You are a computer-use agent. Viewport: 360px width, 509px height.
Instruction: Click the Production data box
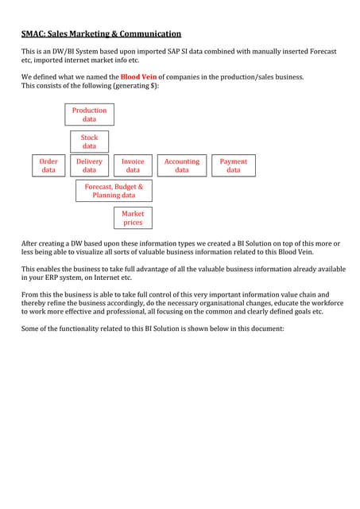89,115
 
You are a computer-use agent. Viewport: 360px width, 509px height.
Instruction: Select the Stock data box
89,142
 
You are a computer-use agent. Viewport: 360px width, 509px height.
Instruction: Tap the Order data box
48,165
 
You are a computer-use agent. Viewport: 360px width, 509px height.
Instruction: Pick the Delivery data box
89,165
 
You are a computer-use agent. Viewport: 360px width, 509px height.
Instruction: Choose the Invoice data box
133,165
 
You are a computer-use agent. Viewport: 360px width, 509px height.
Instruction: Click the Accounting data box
182,165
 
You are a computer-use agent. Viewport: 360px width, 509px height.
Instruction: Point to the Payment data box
233,165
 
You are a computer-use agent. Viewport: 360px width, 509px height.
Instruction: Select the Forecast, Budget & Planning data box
114,190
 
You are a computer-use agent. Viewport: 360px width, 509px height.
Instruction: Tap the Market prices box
133,218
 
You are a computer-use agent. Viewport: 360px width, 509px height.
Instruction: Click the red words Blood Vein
138,76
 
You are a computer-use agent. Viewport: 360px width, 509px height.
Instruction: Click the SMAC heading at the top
32,34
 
